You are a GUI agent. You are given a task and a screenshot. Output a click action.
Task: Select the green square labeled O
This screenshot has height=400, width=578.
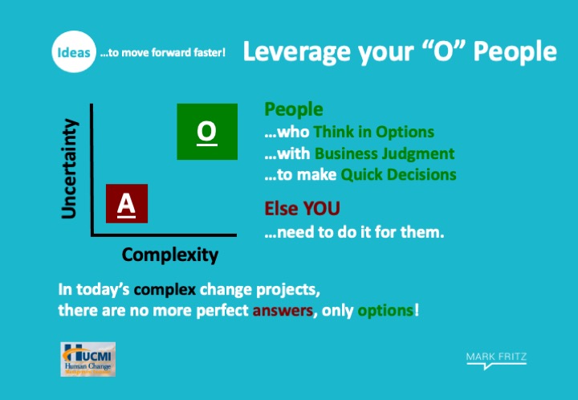tap(206, 132)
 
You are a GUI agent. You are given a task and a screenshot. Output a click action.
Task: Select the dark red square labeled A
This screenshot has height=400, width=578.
tap(125, 204)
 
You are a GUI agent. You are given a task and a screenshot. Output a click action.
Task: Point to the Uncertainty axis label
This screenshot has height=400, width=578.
tap(71, 168)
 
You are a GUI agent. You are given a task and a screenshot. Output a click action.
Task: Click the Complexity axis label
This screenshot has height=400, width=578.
tap(169, 255)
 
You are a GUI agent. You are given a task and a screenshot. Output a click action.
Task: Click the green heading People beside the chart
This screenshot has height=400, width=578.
tap(294, 110)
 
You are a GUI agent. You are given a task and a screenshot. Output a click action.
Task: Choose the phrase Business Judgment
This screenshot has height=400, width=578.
tap(384, 153)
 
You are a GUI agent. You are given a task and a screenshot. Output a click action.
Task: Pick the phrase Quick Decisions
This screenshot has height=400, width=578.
tap(398, 174)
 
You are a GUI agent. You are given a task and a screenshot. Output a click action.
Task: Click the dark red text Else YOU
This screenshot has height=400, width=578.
tap(302, 209)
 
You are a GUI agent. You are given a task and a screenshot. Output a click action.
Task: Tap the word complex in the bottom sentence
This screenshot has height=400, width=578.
tap(165, 289)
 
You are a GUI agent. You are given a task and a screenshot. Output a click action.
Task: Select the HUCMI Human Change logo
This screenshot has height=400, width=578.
tap(87, 359)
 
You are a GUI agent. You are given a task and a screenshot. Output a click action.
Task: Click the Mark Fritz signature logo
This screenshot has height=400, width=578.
tap(496, 359)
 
